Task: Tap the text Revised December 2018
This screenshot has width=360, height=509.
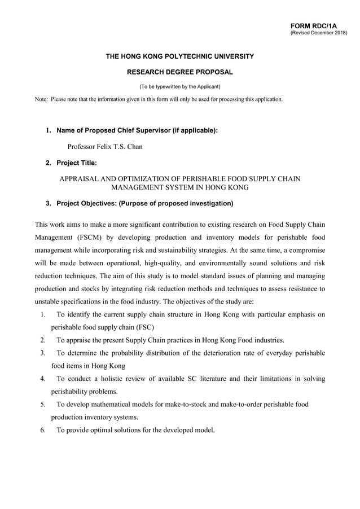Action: tap(319, 33)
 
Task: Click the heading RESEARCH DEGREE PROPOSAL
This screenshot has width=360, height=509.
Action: tap(179, 72)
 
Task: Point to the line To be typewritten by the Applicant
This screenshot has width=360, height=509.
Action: tap(179, 86)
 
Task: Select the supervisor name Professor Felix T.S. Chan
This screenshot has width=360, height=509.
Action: tap(105, 147)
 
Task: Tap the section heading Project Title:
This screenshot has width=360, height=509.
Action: tap(77, 163)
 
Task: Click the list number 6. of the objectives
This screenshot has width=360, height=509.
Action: tap(43, 430)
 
